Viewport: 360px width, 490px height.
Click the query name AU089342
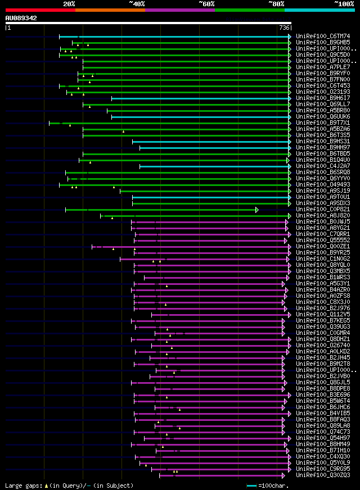21,18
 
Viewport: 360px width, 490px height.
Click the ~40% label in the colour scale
137,3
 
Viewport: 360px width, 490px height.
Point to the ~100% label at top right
344,3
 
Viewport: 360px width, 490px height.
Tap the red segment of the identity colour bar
40,10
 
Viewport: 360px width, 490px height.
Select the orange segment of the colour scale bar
110,10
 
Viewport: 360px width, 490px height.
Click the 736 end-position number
284,28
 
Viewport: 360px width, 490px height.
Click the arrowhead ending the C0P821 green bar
257,210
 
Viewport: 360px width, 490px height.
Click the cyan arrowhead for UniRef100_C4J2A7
290,166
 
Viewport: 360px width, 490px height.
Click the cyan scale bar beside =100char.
251,486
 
